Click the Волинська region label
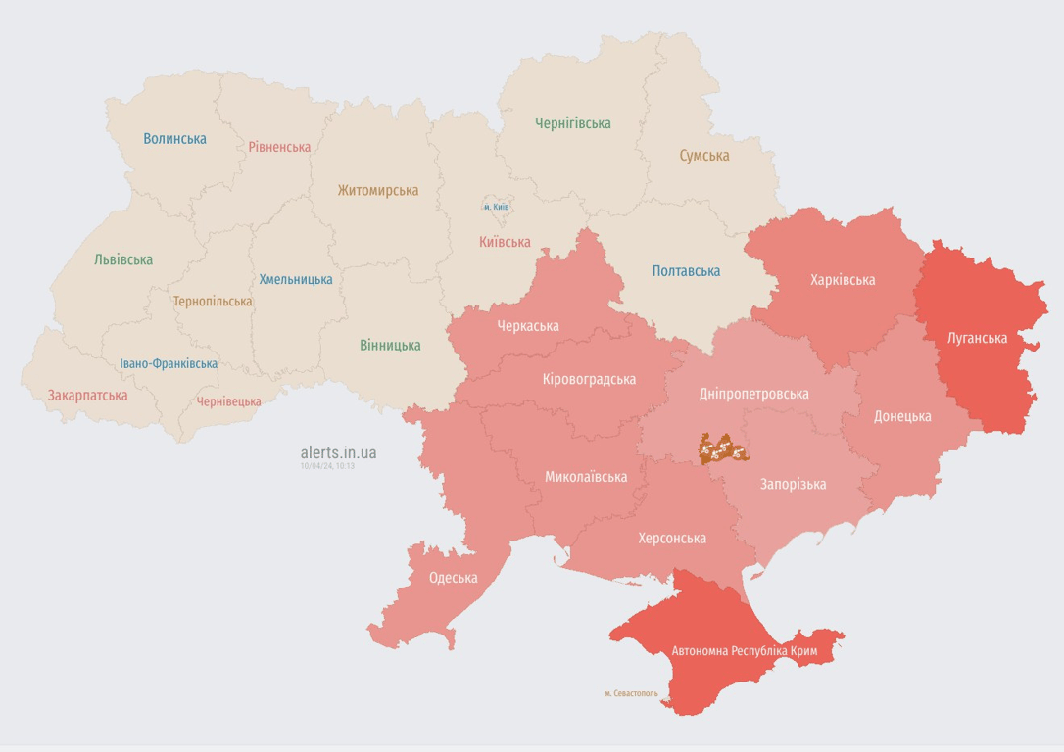(x=174, y=139)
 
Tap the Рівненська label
(x=279, y=147)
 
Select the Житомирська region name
(x=377, y=191)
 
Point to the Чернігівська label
(x=572, y=123)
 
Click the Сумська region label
(x=703, y=156)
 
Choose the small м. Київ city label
(x=496, y=207)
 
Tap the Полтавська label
(x=686, y=271)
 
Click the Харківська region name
(x=843, y=280)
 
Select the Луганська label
(x=977, y=339)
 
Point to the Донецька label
(x=902, y=416)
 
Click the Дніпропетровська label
(x=753, y=394)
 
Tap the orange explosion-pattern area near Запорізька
(x=723, y=448)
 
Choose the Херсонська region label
(x=671, y=539)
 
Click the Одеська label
(x=453, y=578)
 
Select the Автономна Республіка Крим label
(x=745, y=651)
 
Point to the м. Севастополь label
(x=631, y=693)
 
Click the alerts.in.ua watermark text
(x=338, y=452)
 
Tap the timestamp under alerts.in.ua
(x=327, y=466)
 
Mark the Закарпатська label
(x=87, y=396)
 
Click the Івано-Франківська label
(x=169, y=363)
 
